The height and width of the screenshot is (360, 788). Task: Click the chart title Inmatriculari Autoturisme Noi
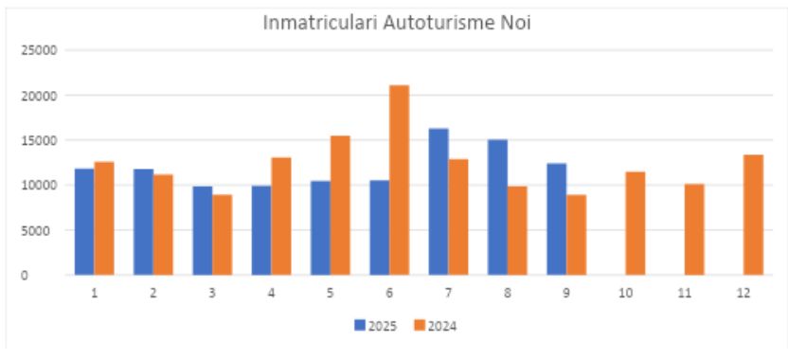[x=396, y=23]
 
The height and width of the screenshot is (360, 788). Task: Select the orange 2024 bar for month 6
[x=400, y=180]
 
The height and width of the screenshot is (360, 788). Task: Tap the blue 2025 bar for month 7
[x=439, y=202]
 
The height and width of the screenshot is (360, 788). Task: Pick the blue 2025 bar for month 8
[x=497, y=207]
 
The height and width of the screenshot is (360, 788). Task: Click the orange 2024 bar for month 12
[x=753, y=215]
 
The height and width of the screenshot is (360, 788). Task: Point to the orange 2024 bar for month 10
[x=635, y=224]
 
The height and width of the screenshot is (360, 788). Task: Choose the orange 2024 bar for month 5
[x=340, y=206]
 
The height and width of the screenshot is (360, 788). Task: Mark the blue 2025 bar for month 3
[x=203, y=230]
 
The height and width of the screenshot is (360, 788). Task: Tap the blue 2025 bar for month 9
[x=556, y=219]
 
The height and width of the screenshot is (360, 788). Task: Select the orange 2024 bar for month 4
[x=281, y=216]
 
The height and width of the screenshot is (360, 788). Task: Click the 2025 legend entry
[x=377, y=325]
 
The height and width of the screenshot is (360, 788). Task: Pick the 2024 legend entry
[x=436, y=325]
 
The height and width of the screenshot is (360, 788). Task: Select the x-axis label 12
[x=743, y=293]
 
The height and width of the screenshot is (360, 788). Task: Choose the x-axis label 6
[x=389, y=293]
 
